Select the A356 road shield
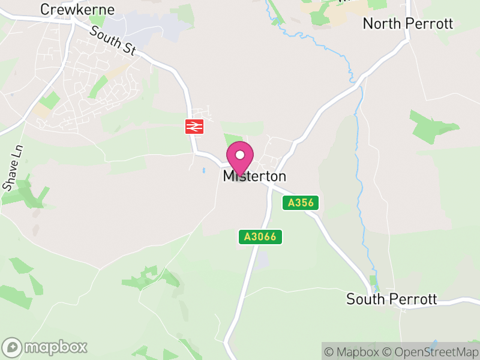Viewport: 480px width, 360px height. (301, 203)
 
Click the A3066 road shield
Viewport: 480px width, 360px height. (260, 236)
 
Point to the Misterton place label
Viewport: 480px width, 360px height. (254, 176)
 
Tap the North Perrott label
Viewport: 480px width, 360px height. (408, 24)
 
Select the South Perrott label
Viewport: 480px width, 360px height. (392, 299)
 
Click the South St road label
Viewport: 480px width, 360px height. (112, 40)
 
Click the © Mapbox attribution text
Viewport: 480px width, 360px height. (352, 352)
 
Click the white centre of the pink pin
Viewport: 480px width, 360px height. (240, 155)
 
